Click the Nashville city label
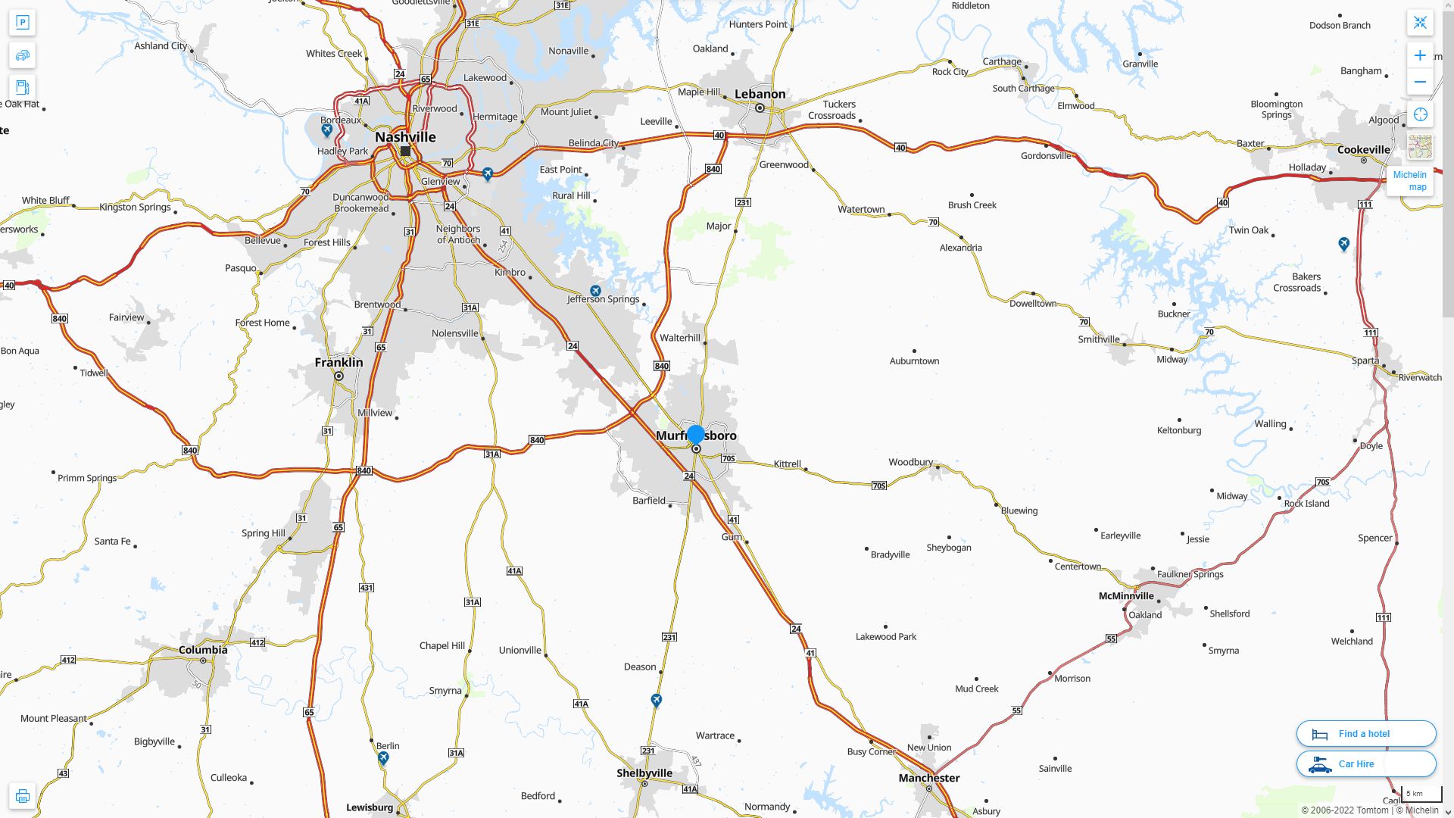[x=405, y=137]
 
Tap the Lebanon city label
[x=760, y=94]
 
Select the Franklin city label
[x=339, y=363]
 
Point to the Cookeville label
[x=1363, y=149]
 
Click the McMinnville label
[x=1126, y=596]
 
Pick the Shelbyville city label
[x=644, y=773]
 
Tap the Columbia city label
[x=203, y=650]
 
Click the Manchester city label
[x=928, y=778]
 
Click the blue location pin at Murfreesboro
[x=695, y=435]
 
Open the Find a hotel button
[x=1365, y=734]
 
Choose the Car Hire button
[x=1365, y=764]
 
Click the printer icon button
[x=22, y=796]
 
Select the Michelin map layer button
[x=1410, y=180]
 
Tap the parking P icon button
[x=22, y=23]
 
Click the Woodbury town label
[x=910, y=462]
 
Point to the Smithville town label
[x=1098, y=339]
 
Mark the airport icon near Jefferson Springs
[x=595, y=291]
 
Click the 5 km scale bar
[x=1421, y=795]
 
